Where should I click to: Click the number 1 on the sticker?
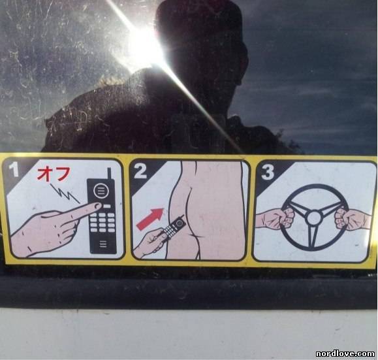click(14, 169)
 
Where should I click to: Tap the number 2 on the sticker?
click(140, 171)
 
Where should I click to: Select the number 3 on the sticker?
click(268, 172)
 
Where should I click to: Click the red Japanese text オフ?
click(54, 174)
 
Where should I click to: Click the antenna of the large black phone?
click(109, 174)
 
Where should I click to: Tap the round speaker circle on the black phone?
click(101, 190)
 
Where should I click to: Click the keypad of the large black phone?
click(102, 221)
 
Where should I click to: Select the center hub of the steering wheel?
click(313, 218)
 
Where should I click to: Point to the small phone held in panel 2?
click(173, 227)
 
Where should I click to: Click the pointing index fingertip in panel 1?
click(97, 206)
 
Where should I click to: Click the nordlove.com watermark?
click(345, 353)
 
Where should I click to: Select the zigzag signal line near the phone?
click(65, 193)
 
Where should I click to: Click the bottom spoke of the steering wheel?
click(313, 237)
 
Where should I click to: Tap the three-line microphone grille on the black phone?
click(102, 244)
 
